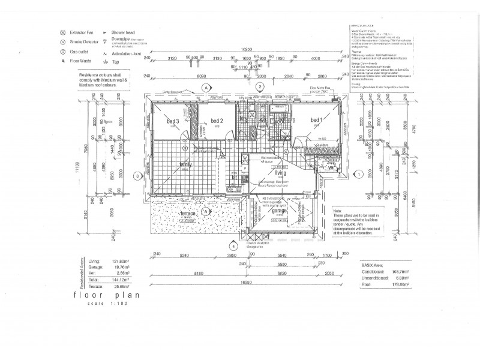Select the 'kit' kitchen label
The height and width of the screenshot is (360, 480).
tap(235, 178)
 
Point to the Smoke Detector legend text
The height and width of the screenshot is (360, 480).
tap(87, 43)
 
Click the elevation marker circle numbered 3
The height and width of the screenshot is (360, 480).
tap(137, 176)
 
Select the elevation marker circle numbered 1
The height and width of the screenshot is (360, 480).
tap(359, 175)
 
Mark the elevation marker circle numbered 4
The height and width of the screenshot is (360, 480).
tap(234, 245)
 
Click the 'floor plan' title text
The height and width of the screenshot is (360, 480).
tap(98, 295)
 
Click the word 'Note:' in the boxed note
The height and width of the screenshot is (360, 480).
tap(340, 211)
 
